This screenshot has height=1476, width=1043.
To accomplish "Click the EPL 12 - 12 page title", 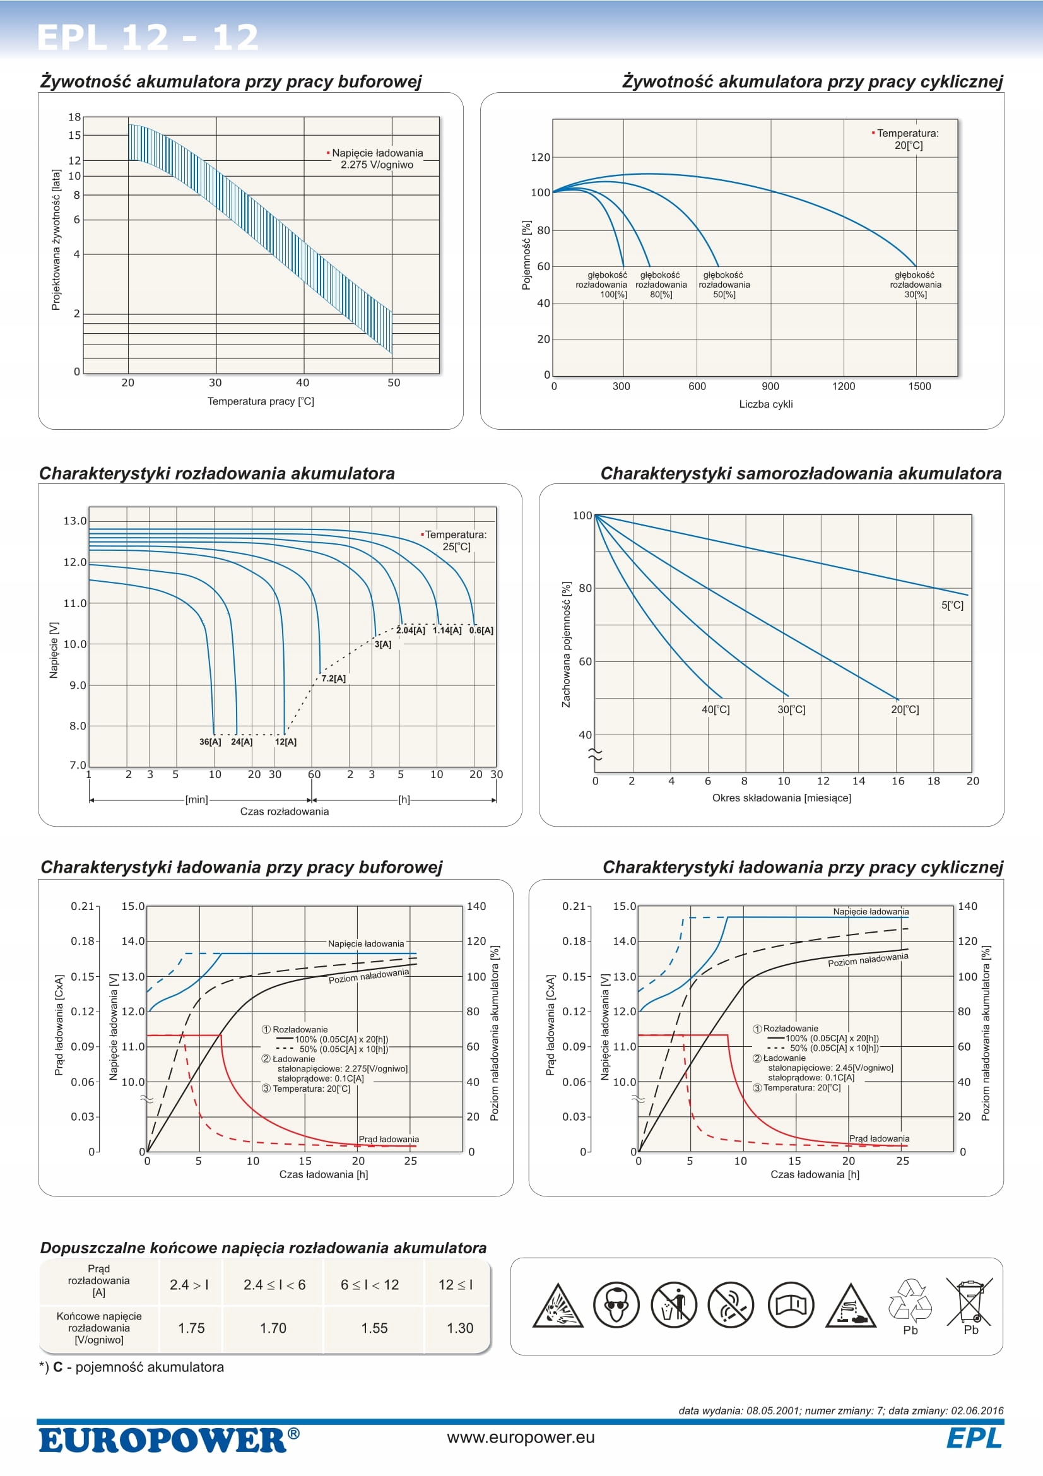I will point(148,37).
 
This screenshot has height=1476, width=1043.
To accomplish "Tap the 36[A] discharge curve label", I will point(209,742).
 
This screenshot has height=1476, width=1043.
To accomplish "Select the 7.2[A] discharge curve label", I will point(334,678).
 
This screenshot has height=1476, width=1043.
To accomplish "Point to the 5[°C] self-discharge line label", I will point(952,605).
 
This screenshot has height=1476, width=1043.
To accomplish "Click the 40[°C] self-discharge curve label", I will point(716,710).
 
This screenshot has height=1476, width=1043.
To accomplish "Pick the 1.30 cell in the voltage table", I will point(459,1328).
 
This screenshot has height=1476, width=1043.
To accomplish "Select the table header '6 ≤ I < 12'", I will point(370,1285).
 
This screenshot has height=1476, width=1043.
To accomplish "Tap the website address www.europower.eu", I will point(521,1438).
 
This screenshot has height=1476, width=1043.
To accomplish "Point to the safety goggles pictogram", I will point(616,1305).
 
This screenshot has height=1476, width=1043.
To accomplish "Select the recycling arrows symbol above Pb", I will point(910,1299).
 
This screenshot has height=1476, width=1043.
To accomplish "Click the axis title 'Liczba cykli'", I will point(765,404).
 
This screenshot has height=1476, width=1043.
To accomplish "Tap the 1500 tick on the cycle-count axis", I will point(919,386).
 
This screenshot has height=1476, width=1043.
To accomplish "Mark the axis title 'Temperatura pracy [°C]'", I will point(260,401).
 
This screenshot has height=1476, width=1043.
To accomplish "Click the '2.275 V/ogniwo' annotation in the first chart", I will point(377,165).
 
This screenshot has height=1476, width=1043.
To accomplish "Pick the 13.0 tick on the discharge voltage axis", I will point(74,521).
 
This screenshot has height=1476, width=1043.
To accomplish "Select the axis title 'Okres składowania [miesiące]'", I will point(781,798).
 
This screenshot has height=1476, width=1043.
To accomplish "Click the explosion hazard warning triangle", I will point(557,1306).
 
